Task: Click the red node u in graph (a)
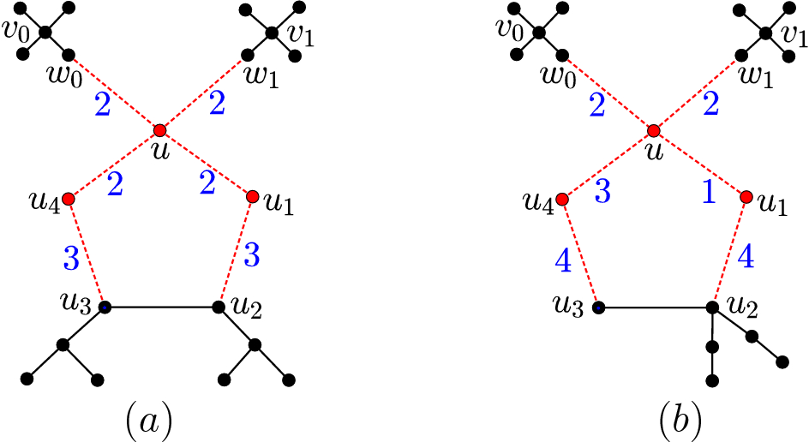(x=159, y=130)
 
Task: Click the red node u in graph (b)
(x=653, y=130)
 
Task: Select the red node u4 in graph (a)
(x=68, y=199)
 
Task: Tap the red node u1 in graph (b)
(x=746, y=197)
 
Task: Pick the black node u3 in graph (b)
(x=598, y=307)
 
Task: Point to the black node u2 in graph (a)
(x=217, y=306)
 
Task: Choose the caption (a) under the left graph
(x=147, y=420)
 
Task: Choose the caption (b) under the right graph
(x=680, y=420)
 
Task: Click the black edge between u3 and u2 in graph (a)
(x=160, y=306)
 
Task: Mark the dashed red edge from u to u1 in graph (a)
(x=206, y=164)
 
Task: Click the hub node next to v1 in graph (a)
(x=271, y=33)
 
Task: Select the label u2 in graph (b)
(x=744, y=304)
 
